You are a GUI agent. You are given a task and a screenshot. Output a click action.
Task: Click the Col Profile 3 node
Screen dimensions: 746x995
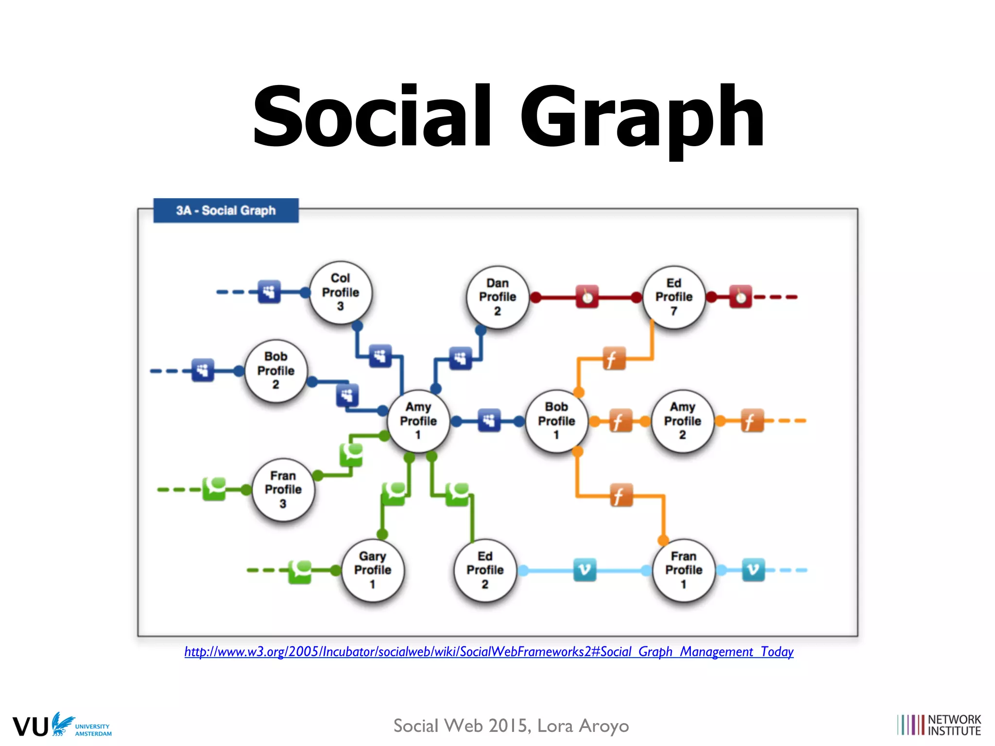pos(341,292)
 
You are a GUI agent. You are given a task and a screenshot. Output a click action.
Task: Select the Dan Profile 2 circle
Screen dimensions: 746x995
pos(497,297)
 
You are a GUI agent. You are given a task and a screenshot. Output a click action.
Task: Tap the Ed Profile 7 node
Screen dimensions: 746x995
pos(674,297)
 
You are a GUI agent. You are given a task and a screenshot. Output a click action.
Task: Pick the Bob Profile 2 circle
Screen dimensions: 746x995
pos(276,371)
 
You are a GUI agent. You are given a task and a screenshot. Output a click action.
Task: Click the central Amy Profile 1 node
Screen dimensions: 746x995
pos(418,421)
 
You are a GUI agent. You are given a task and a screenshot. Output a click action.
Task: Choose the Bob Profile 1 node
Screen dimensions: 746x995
pos(556,421)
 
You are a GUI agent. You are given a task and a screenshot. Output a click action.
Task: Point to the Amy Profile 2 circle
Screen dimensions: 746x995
pos(683,421)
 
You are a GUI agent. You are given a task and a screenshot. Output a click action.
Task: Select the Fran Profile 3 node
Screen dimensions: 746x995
pos(283,490)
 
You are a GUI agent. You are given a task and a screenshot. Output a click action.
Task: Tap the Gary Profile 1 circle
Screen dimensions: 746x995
pos(373,570)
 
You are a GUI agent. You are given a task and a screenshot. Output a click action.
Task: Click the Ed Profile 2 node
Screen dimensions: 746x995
pos(485,570)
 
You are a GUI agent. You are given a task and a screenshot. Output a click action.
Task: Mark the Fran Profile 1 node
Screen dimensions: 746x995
pos(684,570)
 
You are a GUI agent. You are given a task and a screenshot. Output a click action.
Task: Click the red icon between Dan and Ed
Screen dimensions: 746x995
pos(587,297)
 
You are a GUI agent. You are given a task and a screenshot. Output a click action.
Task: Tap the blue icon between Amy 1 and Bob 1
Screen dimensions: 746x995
pos(489,421)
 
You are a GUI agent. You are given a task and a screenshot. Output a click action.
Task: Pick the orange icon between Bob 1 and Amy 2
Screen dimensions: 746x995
pos(617,421)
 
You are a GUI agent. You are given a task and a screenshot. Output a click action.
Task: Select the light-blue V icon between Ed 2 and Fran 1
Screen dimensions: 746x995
pos(584,570)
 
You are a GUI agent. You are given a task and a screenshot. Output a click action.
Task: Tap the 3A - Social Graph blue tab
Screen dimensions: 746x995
pos(226,210)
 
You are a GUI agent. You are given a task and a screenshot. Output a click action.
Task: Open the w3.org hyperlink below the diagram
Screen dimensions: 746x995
pos(489,652)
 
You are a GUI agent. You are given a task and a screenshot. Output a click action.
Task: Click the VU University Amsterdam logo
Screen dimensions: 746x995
pos(62,725)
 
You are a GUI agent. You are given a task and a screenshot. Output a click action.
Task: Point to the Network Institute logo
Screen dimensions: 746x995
pos(939,725)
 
